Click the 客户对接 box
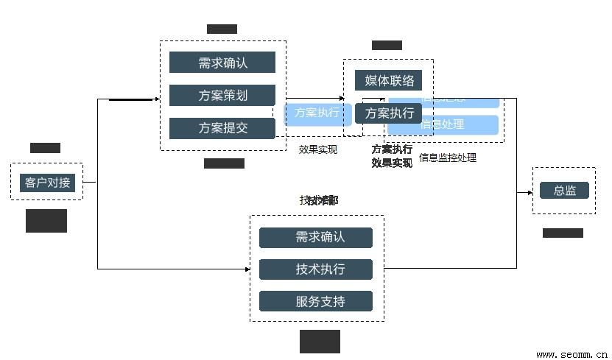[x=47, y=182]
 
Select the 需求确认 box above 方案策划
[x=222, y=63]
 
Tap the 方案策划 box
[x=222, y=95]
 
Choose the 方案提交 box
[x=222, y=128]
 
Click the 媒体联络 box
[x=389, y=80]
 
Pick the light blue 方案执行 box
[x=317, y=113]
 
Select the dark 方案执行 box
[x=389, y=113]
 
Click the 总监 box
[x=564, y=190]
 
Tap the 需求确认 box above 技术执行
[x=316, y=237]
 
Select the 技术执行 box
[x=316, y=269]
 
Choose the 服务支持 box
[x=316, y=301]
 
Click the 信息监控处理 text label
[x=447, y=158]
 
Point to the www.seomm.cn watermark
[x=571, y=353]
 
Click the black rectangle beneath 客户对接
[x=46, y=220]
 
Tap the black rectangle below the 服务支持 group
[x=320, y=341]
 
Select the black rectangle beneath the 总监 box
[x=563, y=233]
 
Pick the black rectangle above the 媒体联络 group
[x=387, y=45]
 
